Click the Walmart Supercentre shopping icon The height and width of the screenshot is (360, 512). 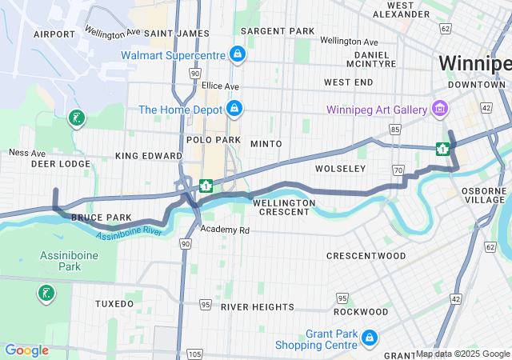[237, 55]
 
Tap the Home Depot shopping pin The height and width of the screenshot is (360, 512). [234, 108]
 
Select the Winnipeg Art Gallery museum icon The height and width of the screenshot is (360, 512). [438, 108]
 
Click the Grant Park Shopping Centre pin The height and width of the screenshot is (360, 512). [369, 338]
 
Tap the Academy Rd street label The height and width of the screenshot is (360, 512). [225, 230]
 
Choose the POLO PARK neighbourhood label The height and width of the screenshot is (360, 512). [214, 139]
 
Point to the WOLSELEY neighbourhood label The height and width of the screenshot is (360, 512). [340, 169]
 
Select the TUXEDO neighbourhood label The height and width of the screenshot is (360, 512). [114, 304]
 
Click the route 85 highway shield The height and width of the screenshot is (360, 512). [394, 128]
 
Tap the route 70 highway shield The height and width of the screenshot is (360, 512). [398, 170]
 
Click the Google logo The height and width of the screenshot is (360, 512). [26, 350]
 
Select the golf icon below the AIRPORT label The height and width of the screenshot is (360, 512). [76, 119]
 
